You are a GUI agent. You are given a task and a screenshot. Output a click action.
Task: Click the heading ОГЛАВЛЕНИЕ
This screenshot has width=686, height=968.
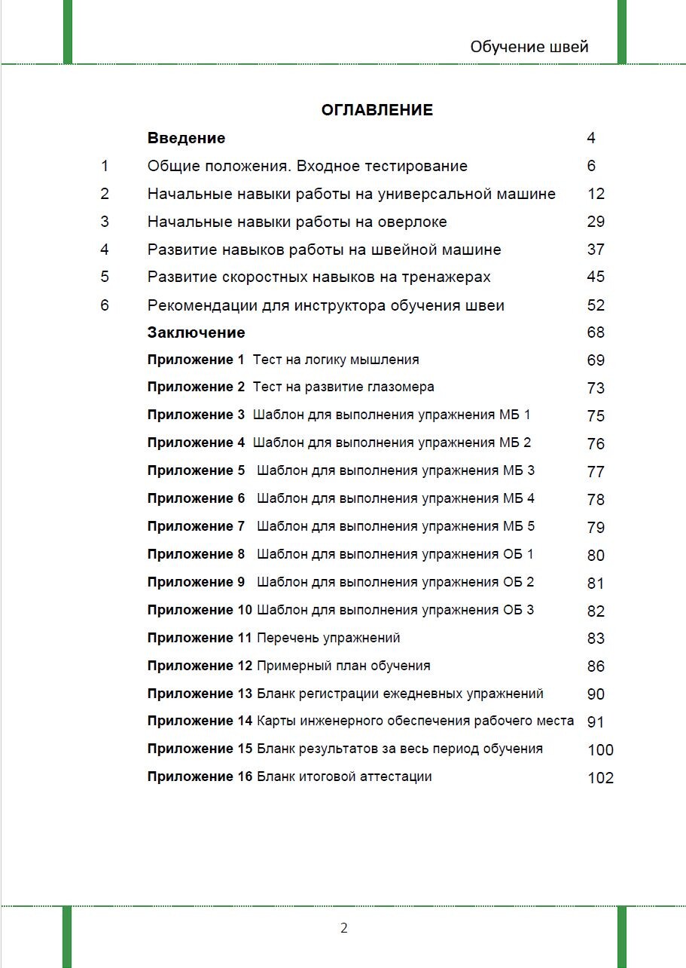tap(377, 110)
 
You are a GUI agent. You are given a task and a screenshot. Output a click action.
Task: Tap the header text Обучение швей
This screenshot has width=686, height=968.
tap(529, 47)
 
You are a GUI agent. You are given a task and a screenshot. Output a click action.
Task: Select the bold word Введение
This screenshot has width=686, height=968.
tap(186, 138)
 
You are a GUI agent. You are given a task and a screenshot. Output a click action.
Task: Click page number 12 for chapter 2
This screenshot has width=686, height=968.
tap(596, 194)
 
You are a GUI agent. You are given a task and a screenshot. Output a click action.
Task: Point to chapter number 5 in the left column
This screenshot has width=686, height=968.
tap(105, 277)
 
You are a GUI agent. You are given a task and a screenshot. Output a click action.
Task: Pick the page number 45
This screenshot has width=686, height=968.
tap(596, 277)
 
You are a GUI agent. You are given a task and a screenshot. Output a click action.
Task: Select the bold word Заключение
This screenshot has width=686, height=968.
tap(196, 332)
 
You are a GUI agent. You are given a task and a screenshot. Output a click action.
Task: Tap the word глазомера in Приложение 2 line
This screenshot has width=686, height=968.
tap(401, 387)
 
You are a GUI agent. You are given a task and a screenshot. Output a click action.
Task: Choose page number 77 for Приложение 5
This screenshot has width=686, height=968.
tap(596, 472)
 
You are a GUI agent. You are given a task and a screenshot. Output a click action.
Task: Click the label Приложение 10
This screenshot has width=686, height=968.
tap(199, 609)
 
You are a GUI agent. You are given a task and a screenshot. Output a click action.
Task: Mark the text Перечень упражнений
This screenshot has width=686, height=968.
tap(328, 638)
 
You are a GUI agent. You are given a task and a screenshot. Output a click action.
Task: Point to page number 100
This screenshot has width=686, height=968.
tap(600, 750)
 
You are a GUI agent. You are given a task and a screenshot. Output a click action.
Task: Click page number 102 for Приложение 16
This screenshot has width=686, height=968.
tap(600, 778)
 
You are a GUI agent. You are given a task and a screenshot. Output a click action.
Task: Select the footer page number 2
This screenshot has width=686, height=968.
tap(344, 928)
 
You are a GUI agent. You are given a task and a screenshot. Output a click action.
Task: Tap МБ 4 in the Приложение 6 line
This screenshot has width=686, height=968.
tap(518, 498)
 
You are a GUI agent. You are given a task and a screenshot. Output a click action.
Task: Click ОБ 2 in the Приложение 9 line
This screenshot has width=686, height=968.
tap(517, 582)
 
